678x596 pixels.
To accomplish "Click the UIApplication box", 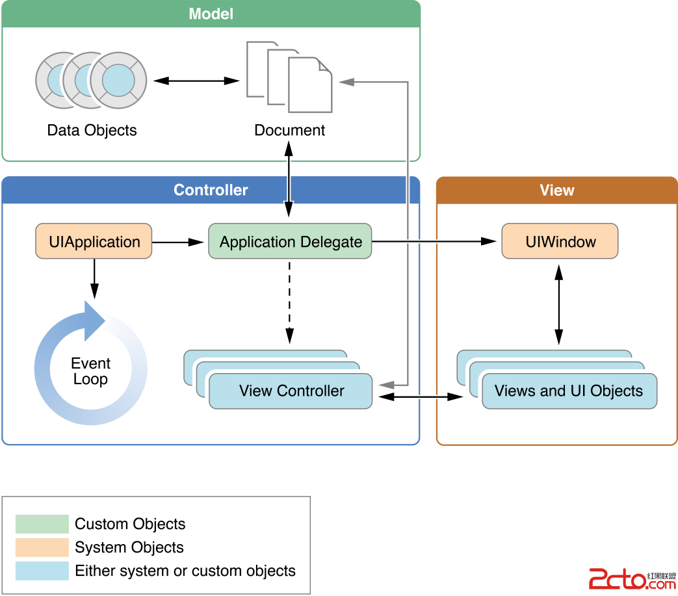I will coord(94,242).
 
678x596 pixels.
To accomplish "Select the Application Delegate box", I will coord(290,242).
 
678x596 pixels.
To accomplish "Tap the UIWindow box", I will coord(560,242).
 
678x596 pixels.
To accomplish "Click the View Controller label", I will coord(291,391).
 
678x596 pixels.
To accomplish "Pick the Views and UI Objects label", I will coord(568,391).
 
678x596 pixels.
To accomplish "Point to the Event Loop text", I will coord(90,371).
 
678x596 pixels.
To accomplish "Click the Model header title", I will coord(211,14).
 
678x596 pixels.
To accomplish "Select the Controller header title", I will coord(211,190).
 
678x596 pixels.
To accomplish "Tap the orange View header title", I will coord(556,190).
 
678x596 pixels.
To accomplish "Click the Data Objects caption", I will coord(92,130).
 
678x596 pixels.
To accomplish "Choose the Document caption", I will coord(289,130).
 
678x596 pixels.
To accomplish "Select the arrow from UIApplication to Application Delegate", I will coord(179,242).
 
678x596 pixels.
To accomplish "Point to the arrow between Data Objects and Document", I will coord(197,81).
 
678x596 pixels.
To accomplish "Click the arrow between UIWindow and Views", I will coord(558,304).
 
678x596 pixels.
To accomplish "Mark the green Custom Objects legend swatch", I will coord(42,524).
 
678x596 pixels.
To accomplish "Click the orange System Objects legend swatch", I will coord(42,547).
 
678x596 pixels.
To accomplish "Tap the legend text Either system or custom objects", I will coord(185,571).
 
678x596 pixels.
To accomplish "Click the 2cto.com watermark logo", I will coord(631,578).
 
